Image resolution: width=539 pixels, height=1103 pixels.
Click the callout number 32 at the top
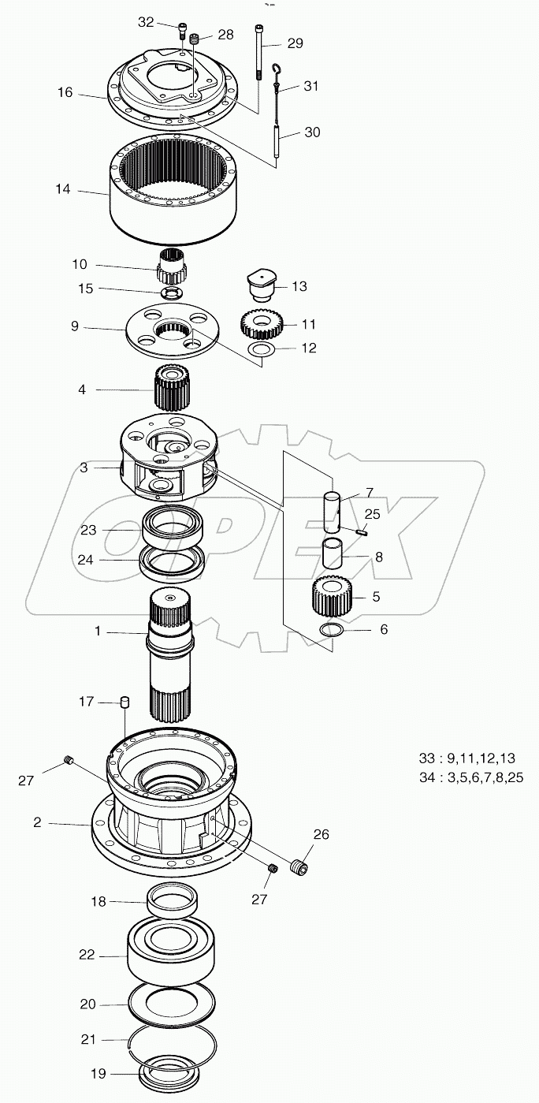(146, 23)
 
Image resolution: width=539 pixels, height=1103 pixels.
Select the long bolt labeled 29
(258, 52)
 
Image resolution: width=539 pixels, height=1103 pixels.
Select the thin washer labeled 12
(262, 348)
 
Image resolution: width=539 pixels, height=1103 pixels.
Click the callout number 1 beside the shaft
(98, 632)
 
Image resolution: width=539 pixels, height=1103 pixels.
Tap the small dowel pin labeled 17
(124, 702)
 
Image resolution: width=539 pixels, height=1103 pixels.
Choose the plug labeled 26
(299, 867)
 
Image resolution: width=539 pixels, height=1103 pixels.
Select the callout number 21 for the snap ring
(87, 1041)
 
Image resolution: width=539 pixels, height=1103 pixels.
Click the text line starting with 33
(467, 758)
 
